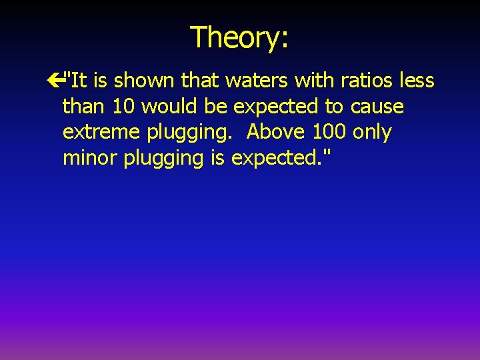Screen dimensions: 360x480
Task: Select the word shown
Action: click(145, 81)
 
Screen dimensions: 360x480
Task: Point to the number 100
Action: click(329, 132)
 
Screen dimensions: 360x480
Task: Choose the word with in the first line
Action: click(317, 81)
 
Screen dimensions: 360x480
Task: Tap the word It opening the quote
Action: click(79, 81)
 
